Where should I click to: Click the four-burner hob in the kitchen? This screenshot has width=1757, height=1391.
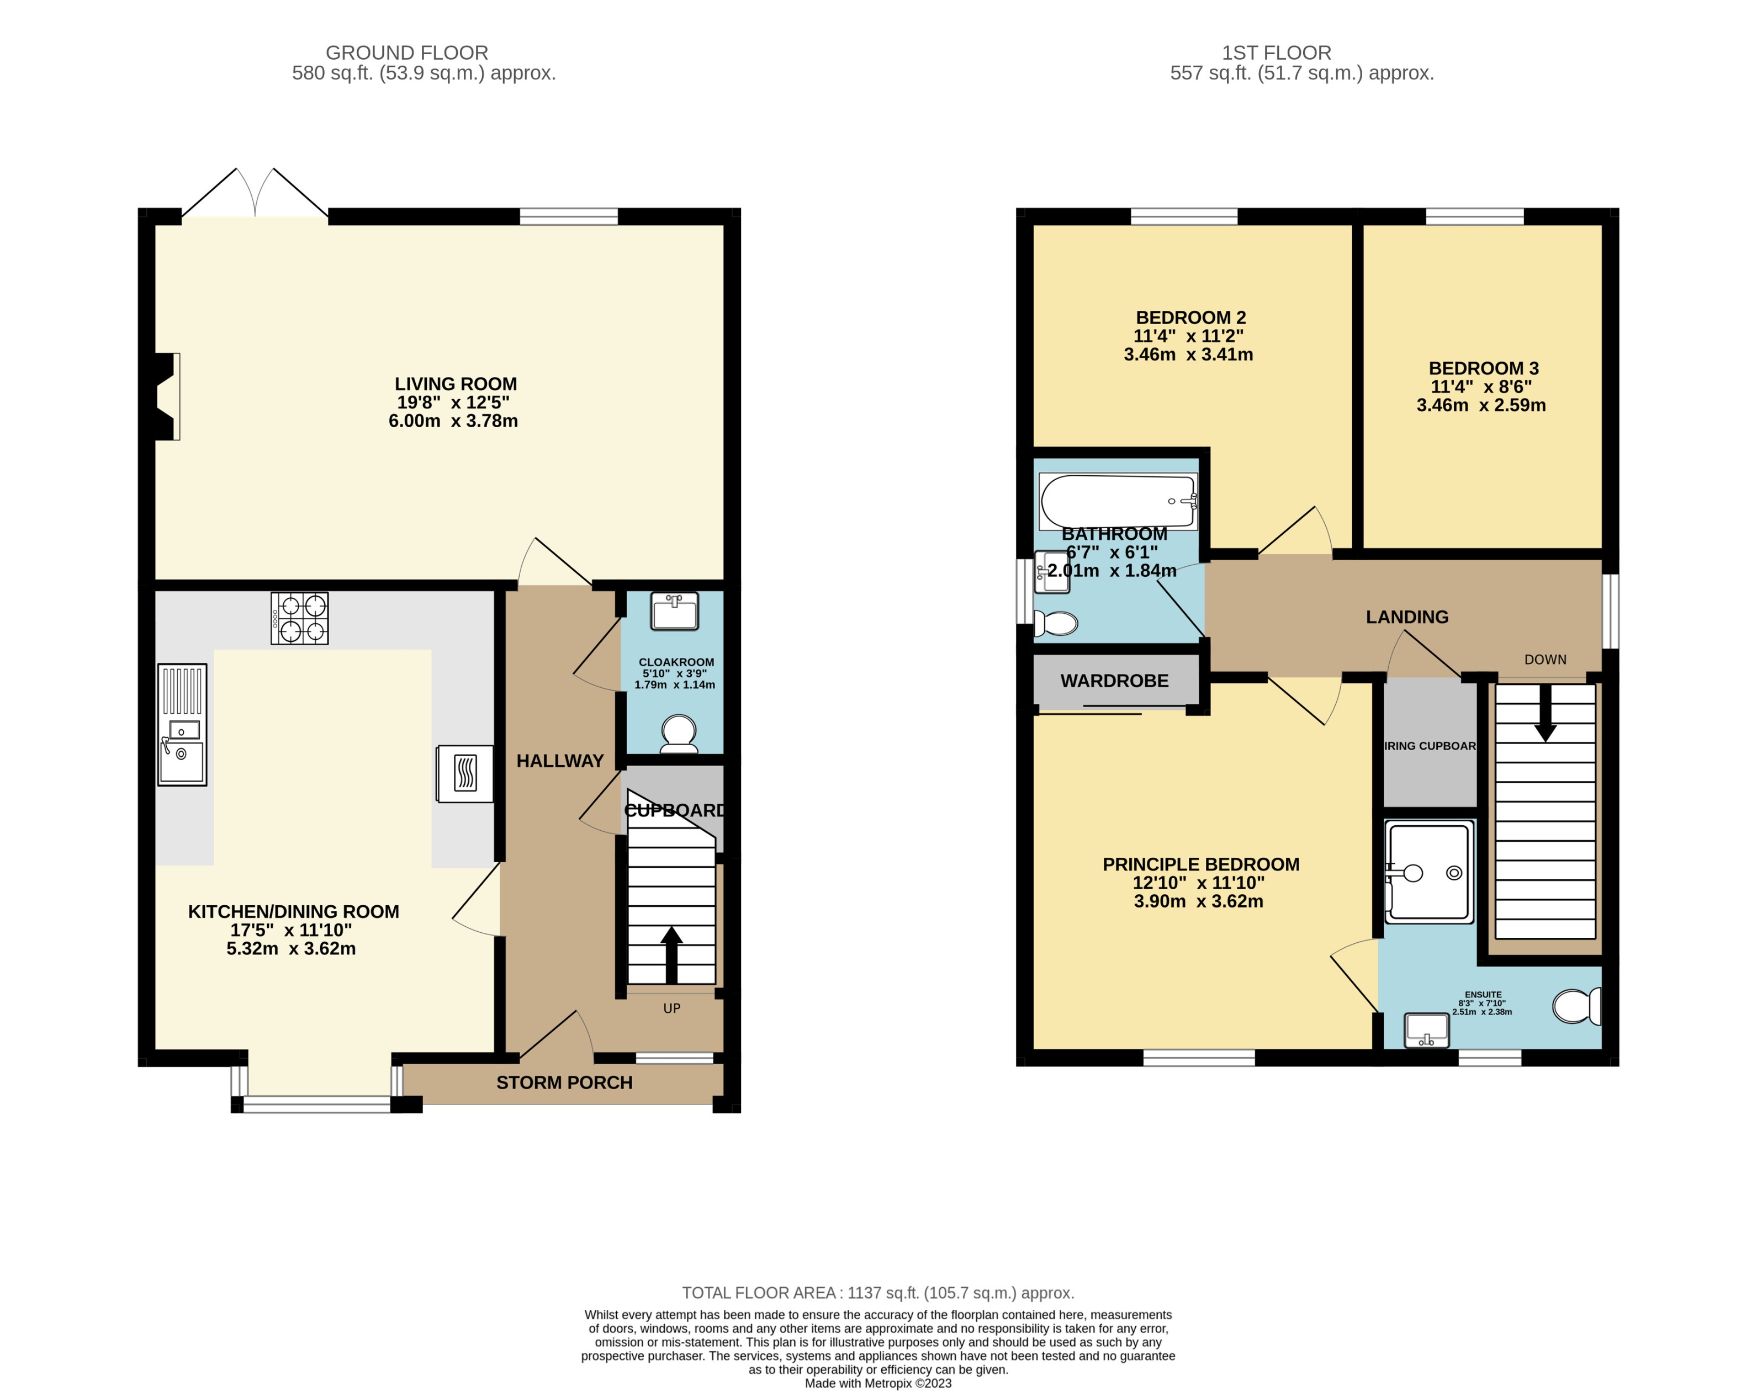pyautogui.click(x=299, y=618)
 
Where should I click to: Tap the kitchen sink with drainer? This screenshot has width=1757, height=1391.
pyautogui.click(x=182, y=724)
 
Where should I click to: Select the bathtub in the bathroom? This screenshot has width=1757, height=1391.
pyautogui.click(x=1118, y=501)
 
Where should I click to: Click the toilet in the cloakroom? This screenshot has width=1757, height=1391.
pyautogui.click(x=679, y=733)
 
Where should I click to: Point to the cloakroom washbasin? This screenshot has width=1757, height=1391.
pyautogui.click(x=674, y=611)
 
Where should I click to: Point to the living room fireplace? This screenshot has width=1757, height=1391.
pyautogui.click(x=167, y=397)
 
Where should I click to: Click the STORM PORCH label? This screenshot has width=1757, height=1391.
pyautogui.click(x=564, y=1082)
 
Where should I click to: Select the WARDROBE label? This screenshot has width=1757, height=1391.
pyautogui.click(x=1114, y=681)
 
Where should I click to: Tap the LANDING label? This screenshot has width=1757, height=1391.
pyautogui.click(x=1407, y=617)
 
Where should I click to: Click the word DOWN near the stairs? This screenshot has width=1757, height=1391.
pyautogui.click(x=1545, y=660)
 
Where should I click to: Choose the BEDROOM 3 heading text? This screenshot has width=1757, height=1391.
pyautogui.click(x=1483, y=368)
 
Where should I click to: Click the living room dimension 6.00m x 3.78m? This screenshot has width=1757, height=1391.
pyautogui.click(x=453, y=421)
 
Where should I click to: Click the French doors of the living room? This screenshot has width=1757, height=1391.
pyautogui.click(x=255, y=195)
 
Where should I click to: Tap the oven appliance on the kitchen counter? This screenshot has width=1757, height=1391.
pyautogui.click(x=465, y=774)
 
